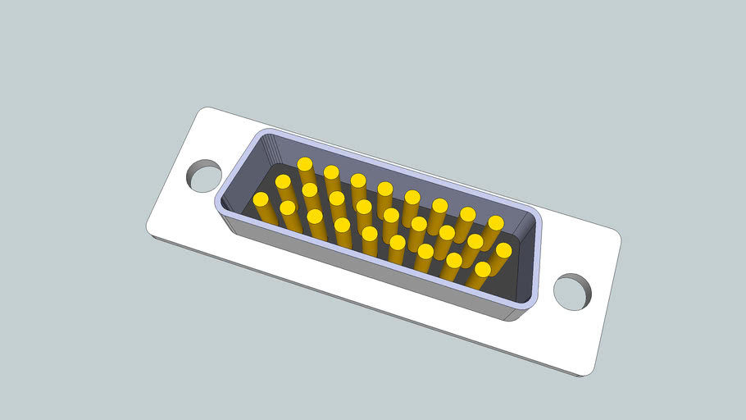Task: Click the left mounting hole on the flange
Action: (203, 176)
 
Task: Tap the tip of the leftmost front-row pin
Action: (262, 199)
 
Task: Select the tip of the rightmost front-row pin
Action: (482, 269)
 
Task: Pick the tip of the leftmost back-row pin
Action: (305, 164)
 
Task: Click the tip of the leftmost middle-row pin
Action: (283, 181)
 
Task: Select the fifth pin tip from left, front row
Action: (370, 234)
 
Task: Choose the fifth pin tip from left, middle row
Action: (391, 215)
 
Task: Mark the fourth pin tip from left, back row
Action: (384, 189)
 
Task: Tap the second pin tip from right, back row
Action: (467, 214)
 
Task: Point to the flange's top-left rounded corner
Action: (203, 111)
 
